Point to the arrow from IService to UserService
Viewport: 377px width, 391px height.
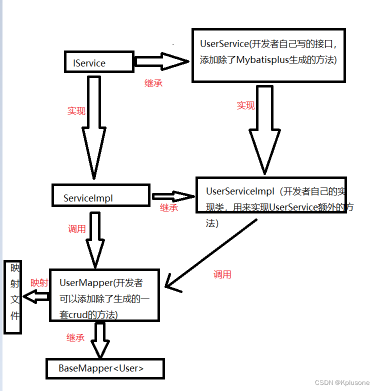[x=162, y=61]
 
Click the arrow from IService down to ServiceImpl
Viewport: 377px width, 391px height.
[x=94, y=127]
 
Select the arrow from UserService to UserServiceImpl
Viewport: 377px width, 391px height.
[x=265, y=129]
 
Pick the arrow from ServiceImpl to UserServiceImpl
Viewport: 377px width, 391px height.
[x=173, y=196]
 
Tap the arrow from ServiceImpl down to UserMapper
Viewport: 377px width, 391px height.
[x=95, y=240]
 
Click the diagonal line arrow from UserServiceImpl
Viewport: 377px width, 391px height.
[x=211, y=254]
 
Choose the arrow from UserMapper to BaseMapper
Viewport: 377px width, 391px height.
[x=100, y=340]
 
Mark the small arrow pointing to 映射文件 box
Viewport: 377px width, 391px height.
[x=36, y=296]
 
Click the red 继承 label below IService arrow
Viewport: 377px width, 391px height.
[x=153, y=83]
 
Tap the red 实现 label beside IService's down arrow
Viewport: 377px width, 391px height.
[x=76, y=111]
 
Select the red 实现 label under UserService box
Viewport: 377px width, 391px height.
[x=245, y=105]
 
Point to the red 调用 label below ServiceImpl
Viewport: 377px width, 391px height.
[x=77, y=228]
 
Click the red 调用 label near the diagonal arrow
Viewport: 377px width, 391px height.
[x=222, y=274]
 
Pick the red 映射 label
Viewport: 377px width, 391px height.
[x=39, y=283]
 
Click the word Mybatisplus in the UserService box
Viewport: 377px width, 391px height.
[x=262, y=60]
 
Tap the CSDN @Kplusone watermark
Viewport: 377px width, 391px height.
[x=342, y=382]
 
